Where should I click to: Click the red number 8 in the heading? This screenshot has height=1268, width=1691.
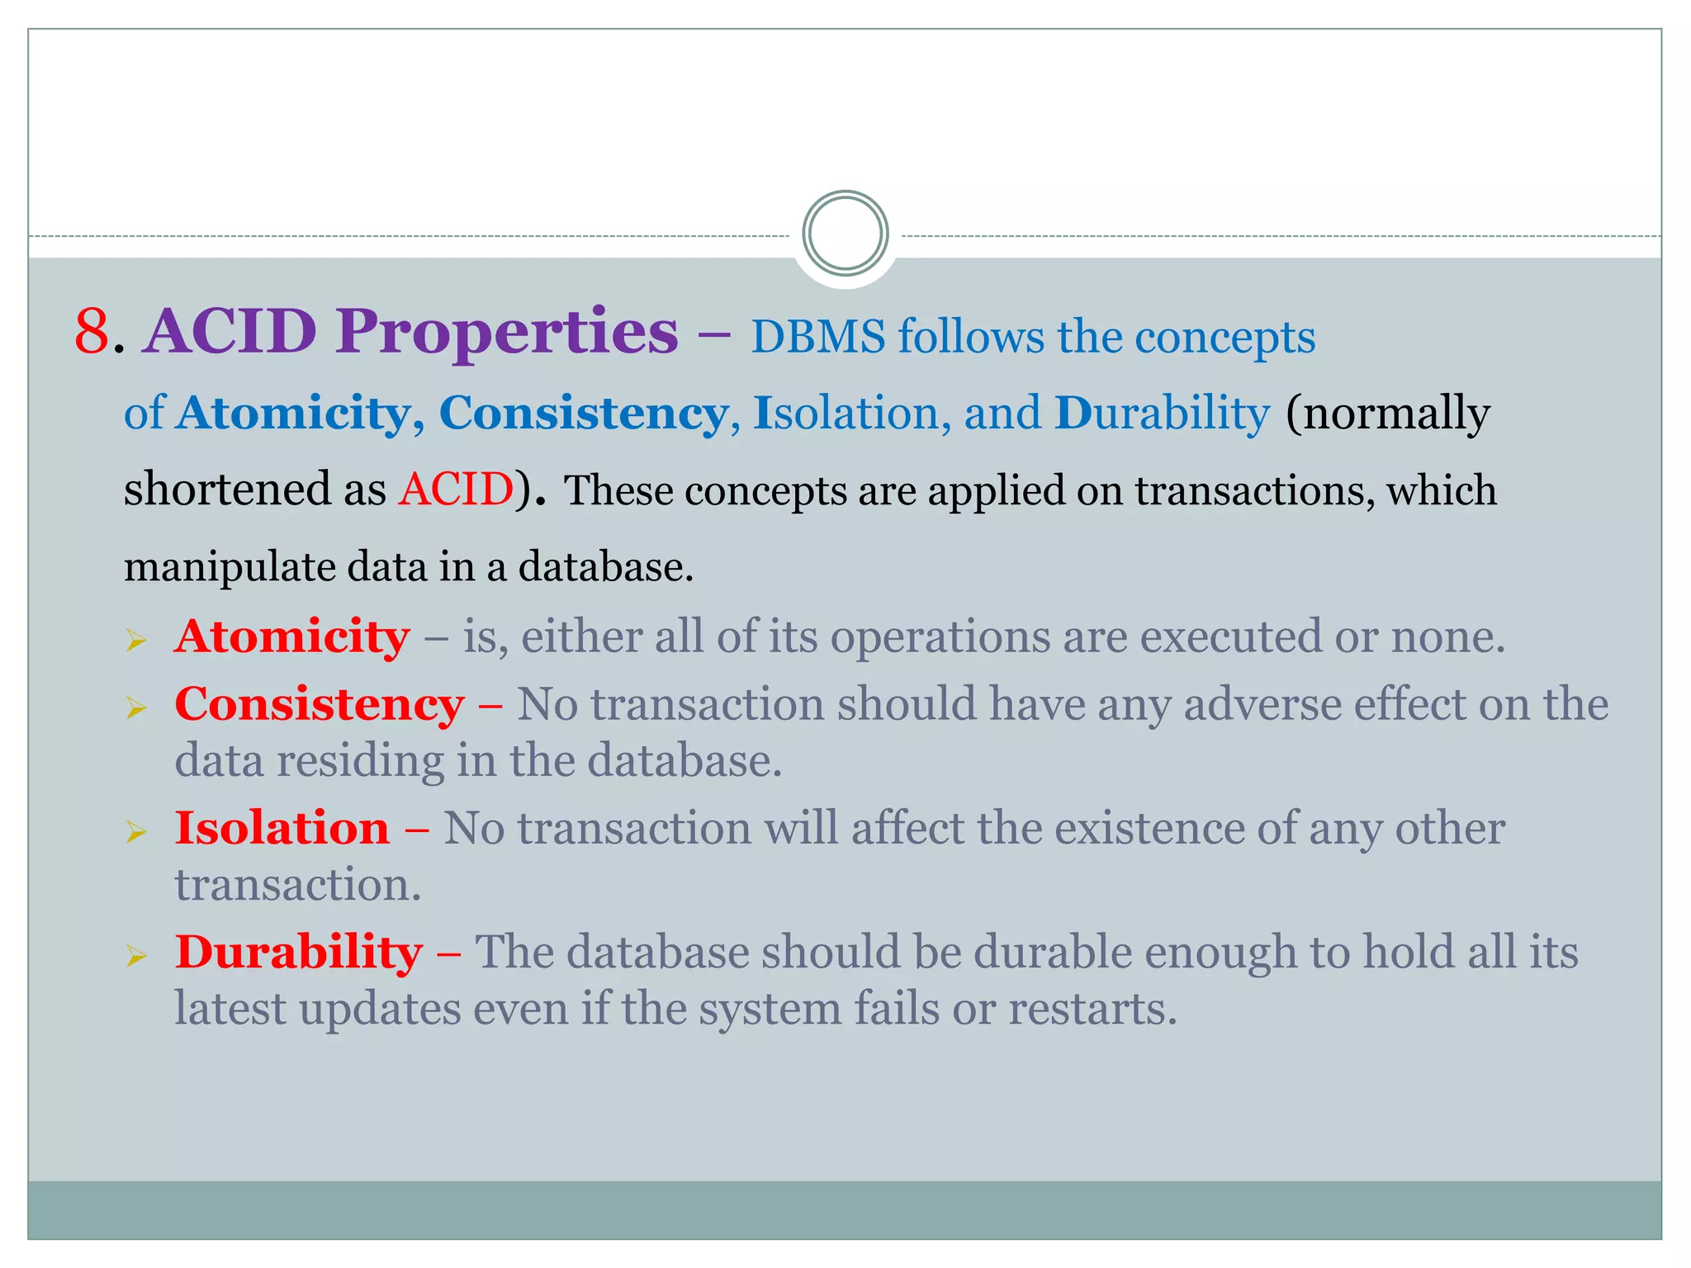tap(92, 332)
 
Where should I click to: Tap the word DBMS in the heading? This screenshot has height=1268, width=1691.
tap(817, 337)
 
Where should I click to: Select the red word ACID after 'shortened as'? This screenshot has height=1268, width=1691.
tap(456, 489)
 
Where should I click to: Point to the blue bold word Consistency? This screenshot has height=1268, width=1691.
tap(583, 413)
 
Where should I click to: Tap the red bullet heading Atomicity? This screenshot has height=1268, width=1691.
tap(292, 636)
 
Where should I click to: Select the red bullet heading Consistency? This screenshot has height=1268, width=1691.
tap(320, 705)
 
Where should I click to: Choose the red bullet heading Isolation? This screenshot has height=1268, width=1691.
tap(282, 828)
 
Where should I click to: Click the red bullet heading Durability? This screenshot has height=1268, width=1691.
tap(299, 952)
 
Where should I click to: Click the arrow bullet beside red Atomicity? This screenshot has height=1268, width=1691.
tap(136, 640)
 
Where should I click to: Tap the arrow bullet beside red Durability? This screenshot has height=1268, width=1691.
tap(136, 956)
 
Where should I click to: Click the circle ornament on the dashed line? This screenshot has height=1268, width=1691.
tap(845, 234)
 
